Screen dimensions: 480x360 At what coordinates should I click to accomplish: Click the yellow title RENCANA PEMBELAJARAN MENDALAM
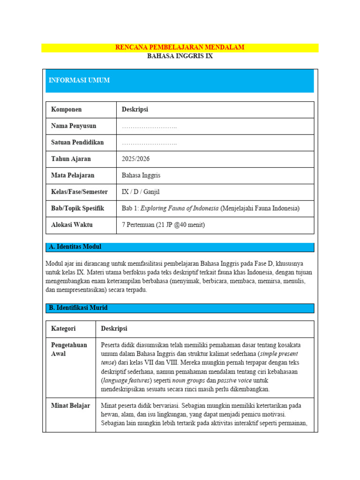click(x=180, y=47)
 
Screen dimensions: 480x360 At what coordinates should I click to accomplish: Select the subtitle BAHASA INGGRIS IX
click(x=180, y=56)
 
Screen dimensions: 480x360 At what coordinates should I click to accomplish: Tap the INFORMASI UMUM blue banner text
click(x=79, y=81)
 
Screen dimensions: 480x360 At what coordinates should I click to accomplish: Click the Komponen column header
click(x=66, y=110)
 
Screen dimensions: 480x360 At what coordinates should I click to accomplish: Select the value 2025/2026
click(x=135, y=159)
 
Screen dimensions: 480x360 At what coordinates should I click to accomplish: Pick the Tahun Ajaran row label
click(x=71, y=159)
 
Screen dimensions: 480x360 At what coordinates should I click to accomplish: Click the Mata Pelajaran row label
click(x=73, y=175)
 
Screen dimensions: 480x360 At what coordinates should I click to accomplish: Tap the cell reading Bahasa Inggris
click(x=141, y=175)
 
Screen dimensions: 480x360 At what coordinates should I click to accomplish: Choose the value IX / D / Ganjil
click(x=141, y=192)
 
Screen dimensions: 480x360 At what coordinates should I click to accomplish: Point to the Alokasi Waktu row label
click(x=72, y=225)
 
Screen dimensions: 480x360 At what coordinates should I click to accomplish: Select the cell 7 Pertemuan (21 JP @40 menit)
click(x=163, y=225)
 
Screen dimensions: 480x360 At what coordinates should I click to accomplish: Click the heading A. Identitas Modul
click(x=75, y=247)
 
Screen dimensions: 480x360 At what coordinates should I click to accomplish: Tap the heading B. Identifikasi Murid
click(x=78, y=308)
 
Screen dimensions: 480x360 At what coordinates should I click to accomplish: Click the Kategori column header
click(x=63, y=329)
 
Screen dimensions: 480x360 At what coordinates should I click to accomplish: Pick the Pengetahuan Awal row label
click(x=69, y=349)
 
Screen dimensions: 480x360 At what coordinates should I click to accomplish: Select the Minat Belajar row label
click(x=70, y=405)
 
